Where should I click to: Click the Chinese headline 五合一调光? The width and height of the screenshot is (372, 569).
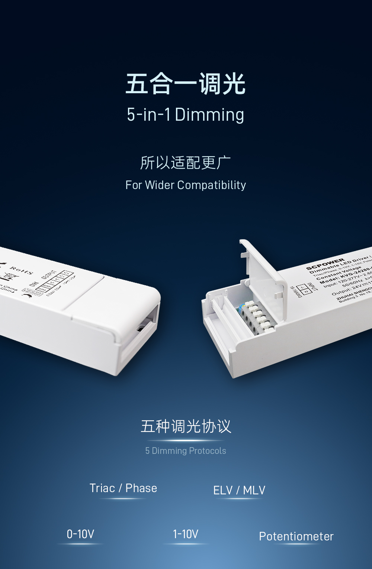point(186,84)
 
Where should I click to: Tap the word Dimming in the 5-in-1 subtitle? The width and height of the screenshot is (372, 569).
point(209,115)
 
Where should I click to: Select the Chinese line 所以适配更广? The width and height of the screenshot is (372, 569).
point(186,163)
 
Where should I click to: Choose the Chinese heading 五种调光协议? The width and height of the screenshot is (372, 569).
point(186,426)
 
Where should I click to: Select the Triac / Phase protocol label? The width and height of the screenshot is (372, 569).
point(123,488)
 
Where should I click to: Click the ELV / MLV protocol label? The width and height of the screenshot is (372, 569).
point(239,490)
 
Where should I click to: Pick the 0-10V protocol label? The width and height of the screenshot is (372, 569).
point(80,534)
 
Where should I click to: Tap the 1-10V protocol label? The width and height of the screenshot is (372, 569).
point(186,534)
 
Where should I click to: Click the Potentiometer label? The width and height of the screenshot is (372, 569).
point(296,536)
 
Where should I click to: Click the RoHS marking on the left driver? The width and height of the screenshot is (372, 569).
point(22,270)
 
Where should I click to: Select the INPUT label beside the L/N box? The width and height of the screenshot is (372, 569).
point(312,287)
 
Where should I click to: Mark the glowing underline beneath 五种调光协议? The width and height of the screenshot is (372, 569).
point(186,440)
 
